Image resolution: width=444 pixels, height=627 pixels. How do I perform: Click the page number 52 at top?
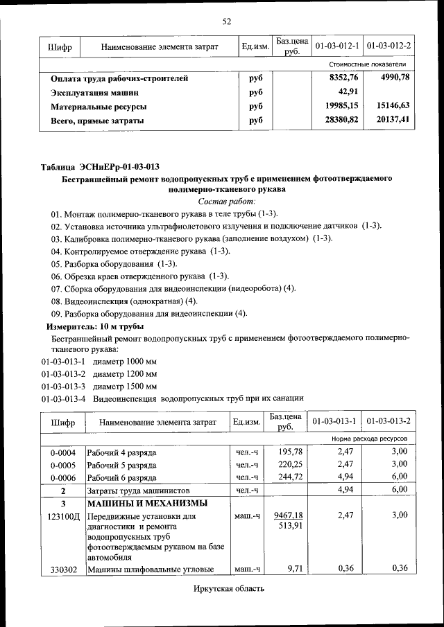(226, 21)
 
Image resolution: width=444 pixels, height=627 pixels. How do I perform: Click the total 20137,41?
(393, 120)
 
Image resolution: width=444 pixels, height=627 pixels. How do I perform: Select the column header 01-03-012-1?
(336, 46)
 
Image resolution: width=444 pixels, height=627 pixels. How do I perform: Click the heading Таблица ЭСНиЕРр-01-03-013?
(100, 166)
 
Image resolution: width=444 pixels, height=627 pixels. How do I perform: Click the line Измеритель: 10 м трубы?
(95, 326)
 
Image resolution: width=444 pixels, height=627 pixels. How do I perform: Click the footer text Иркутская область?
(229, 589)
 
